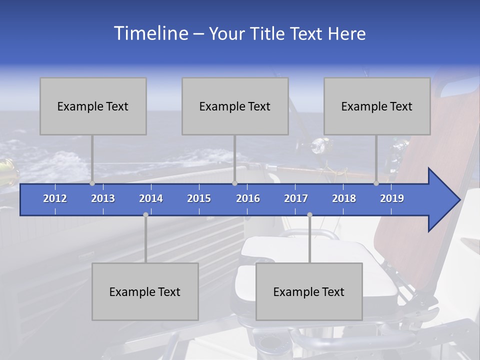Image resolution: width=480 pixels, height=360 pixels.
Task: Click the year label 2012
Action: (x=55, y=198)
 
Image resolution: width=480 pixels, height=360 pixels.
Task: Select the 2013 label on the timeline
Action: (x=103, y=198)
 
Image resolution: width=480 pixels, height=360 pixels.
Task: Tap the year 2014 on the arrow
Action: (x=151, y=198)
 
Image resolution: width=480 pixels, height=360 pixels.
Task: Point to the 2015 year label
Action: (x=199, y=198)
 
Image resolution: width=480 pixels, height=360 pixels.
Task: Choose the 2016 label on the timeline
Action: (x=248, y=198)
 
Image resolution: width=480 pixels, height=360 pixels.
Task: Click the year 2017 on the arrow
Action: (x=296, y=198)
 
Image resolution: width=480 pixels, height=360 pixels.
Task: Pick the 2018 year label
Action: (x=344, y=198)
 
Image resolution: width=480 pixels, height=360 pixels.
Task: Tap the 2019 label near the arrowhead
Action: (x=392, y=198)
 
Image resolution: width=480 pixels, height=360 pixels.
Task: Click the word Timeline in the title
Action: (x=150, y=33)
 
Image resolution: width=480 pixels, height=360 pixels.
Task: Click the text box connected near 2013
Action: (x=93, y=106)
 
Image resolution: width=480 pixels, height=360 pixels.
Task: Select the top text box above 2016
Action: (x=235, y=106)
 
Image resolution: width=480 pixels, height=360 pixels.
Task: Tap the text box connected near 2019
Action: (x=377, y=106)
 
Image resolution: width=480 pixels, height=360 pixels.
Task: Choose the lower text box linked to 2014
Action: (x=145, y=291)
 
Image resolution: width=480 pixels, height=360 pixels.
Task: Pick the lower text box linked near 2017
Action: (x=309, y=291)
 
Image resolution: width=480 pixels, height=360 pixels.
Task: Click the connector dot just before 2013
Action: (x=92, y=183)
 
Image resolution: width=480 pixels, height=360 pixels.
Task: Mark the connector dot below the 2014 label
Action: (x=145, y=215)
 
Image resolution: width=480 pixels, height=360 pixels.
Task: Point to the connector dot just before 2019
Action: (x=376, y=183)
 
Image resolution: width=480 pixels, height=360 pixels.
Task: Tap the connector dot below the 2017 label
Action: (x=309, y=215)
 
